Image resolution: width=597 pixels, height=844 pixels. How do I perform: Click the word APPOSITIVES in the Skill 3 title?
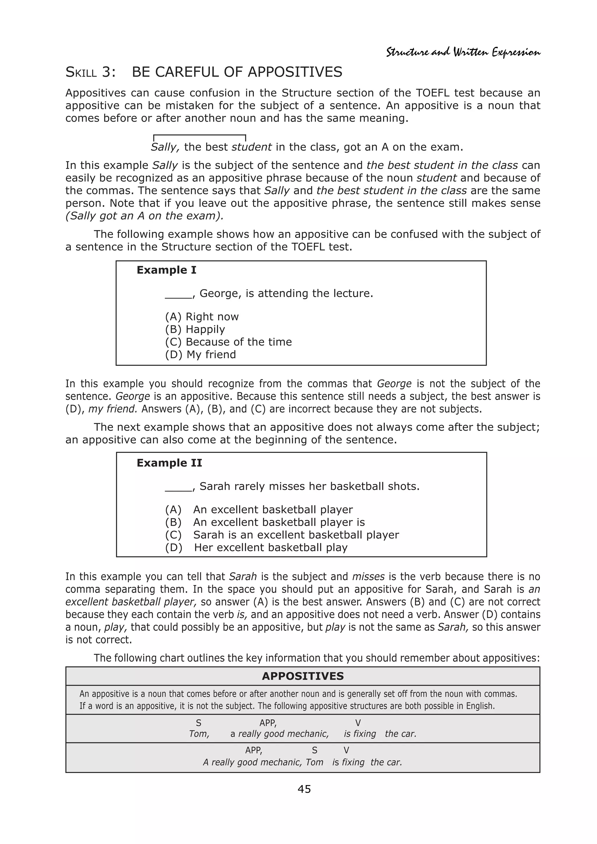[x=295, y=72]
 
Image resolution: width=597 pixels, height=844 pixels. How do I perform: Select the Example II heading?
[x=169, y=463]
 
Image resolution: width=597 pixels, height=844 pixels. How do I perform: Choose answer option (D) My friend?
[x=201, y=355]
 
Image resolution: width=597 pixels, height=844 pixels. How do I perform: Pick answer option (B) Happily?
[x=195, y=329]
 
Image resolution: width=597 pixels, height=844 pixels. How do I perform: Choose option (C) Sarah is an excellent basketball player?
[x=282, y=535]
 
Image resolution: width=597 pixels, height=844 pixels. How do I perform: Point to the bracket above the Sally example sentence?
[x=199, y=136]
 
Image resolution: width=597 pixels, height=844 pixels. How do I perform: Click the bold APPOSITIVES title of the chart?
[x=303, y=676]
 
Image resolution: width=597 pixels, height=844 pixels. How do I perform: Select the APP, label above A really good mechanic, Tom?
[x=254, y=750]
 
